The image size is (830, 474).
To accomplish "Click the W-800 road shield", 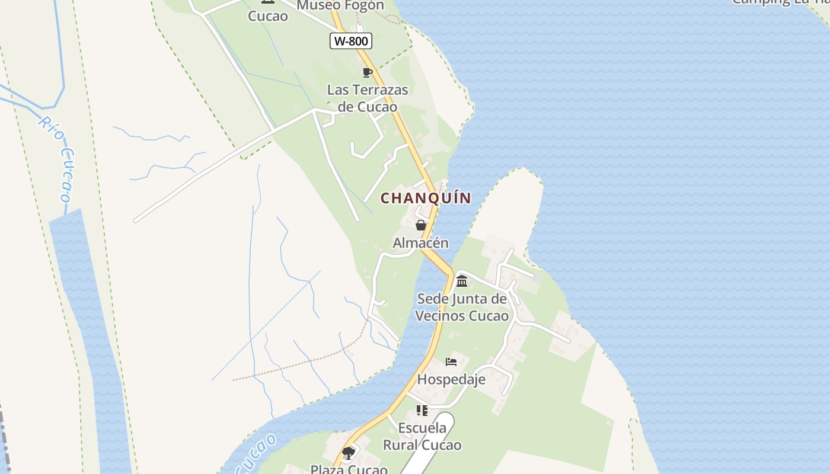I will point(351,41).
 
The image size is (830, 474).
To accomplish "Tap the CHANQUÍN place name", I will point(426,198).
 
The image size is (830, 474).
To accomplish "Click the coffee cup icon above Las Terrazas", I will point(368,73).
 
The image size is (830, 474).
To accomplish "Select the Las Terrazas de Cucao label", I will point(368,98).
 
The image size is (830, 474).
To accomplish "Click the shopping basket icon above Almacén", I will point(421,225).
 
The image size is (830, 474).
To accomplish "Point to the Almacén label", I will point(421,243).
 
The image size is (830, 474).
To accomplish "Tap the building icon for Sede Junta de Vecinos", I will point(462,281).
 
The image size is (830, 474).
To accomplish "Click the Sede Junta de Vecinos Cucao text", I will point(462,307).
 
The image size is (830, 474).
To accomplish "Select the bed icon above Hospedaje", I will point(451,361).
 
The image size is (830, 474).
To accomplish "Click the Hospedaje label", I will point(451,379).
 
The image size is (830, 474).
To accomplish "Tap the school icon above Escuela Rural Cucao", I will point(422,410).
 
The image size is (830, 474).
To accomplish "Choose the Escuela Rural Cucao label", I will point(422,436).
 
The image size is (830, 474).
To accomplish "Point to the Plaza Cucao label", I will point(349,469).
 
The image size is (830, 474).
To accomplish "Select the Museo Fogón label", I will point(340,6).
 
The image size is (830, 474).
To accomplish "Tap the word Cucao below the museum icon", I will point(268,16).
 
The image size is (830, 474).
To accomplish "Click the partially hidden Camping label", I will point(780,2).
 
